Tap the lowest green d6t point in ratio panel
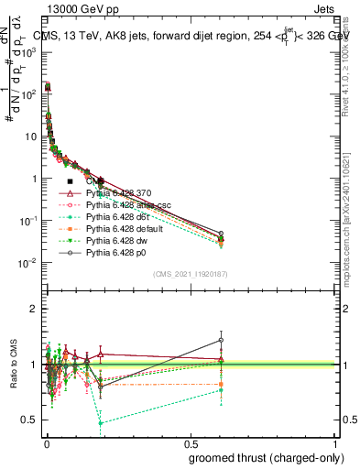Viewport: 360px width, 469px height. point(100,423)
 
